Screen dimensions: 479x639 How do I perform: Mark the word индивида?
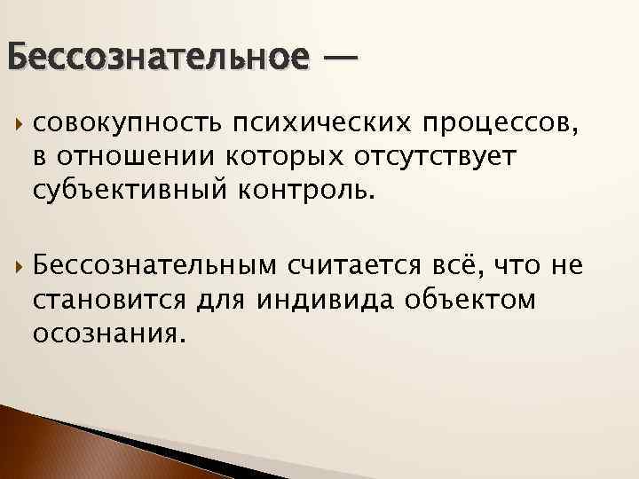coord(329,299)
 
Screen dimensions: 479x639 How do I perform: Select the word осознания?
coord(110,334)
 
